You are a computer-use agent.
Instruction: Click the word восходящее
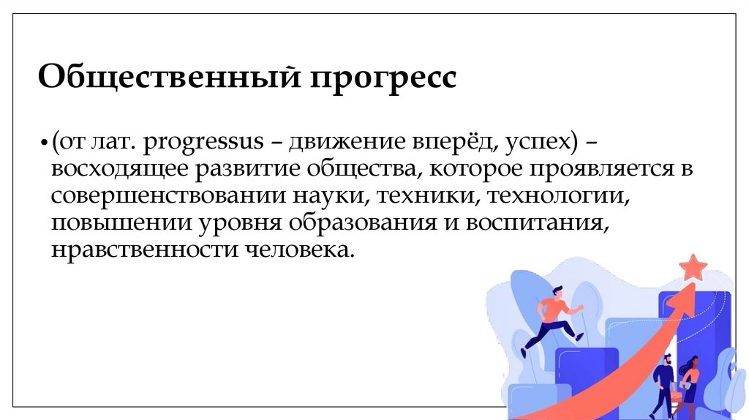pos(118,170)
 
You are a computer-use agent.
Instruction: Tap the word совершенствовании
pos(159,198)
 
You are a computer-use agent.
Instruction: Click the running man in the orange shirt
pos(554,316)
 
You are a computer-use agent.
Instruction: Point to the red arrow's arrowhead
pos(681,296)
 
